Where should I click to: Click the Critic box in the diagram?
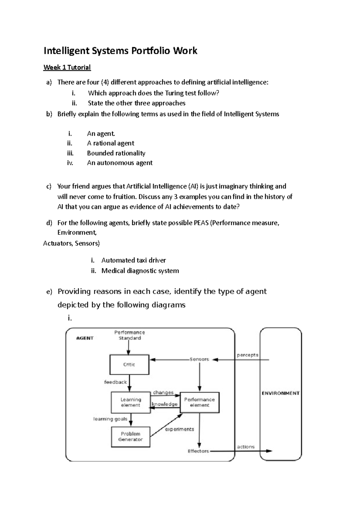(129, 365)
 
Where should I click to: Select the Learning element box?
(130, 402)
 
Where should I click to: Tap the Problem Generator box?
(130, 437)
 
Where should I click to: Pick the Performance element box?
(199, 402)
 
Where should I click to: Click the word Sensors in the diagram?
(199, 359)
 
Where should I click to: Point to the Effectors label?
(198, 451)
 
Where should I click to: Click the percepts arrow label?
(247, 355)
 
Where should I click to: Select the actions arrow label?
(246, 447)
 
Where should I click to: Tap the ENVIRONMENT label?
(280, 393)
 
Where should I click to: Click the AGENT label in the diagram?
(85, 338)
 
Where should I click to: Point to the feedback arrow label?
(115, 382)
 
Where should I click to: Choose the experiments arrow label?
(179, 429)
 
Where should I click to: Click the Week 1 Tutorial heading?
(67, 67)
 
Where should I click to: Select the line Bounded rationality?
(116, 153)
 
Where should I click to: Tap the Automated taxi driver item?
(133, 260)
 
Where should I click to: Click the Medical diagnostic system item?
(140, 271)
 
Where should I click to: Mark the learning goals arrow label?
(110, 419)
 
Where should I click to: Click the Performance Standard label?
(130, 335)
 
